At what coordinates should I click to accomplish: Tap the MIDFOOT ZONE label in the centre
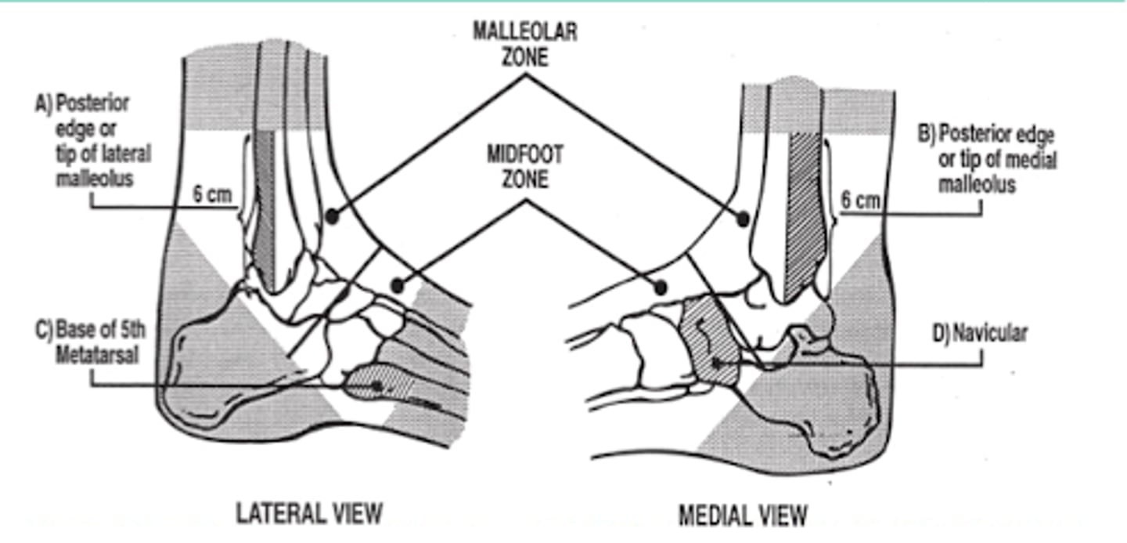(x=525, y=167)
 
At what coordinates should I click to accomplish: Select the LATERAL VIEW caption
(x=310, y=514)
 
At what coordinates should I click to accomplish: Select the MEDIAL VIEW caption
(x=743, y=516)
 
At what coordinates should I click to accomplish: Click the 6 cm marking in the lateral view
(x=212, y=194)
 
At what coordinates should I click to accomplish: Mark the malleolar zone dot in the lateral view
(x=333, y=214)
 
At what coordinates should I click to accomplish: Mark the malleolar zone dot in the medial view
(x=743, y=219)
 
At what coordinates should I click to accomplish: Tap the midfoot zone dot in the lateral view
(x=398, y=285)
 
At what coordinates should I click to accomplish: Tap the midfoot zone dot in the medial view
(x=660, y=288)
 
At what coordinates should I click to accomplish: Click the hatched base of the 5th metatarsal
(x=376, y=384)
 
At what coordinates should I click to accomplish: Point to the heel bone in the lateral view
(x=211, y=368)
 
